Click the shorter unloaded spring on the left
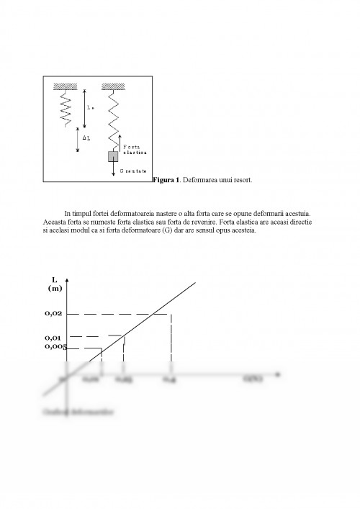65,108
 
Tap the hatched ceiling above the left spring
65,86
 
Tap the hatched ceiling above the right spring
112,86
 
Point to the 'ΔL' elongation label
86,136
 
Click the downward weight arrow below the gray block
113,170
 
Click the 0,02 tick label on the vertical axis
54,314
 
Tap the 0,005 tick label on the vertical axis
55,347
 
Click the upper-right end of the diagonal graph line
194,283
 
